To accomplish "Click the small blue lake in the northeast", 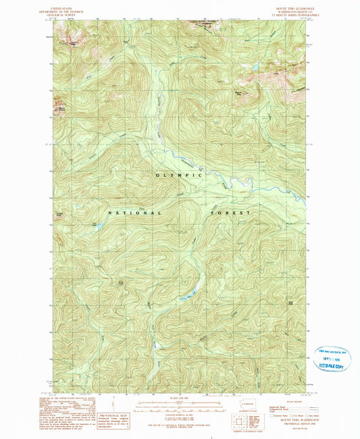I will (256, 68).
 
